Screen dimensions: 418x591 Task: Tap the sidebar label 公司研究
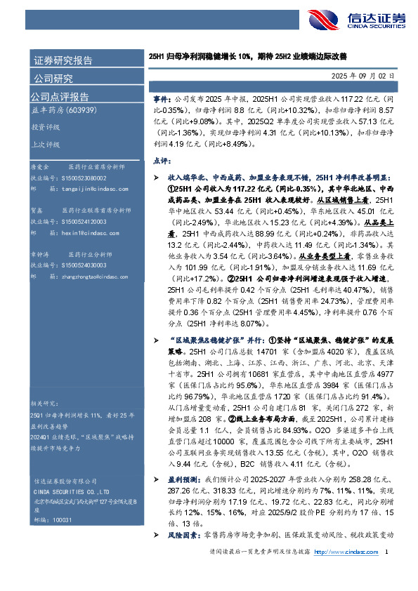point(53,78)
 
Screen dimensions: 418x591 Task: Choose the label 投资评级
point(45,128)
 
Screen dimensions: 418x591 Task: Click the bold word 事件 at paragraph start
point(161,101)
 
